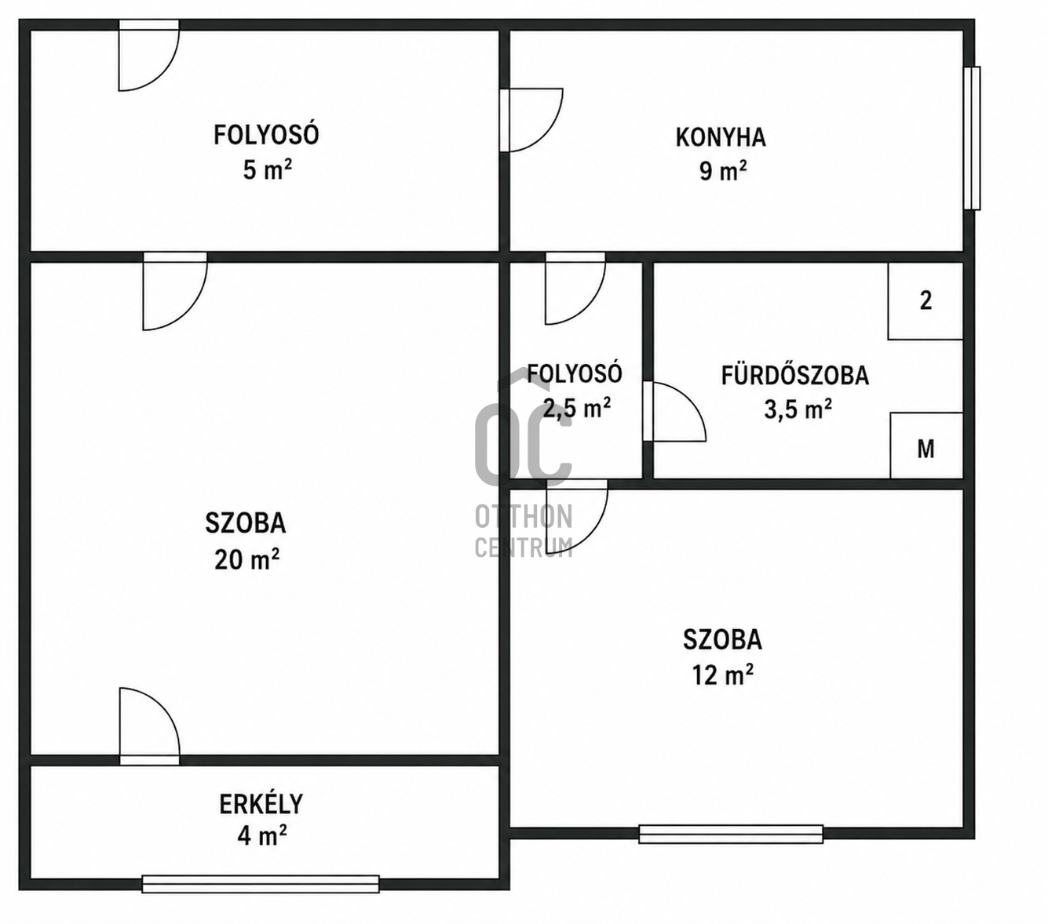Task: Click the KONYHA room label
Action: click(x=720, y=137)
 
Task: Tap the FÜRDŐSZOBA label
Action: click(x=795, y=376)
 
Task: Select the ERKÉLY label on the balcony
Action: click(x=261, y=804)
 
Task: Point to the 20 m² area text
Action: click(x=246, y=558)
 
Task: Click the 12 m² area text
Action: click(x=723, y=675)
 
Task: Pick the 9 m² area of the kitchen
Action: click(x=723, y=170)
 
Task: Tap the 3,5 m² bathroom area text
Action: click(x=798, y=409)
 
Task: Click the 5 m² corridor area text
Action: click(x=268, y=169)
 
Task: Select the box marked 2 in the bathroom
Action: click(x=926, y=300)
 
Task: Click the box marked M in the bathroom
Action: click(x=926, y=446)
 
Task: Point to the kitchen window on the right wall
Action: click(x=972, y=138)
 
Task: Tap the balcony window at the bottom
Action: click(x=261, y=884)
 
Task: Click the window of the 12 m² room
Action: click(x=731, y=834)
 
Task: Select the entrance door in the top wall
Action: click(x=149, y=56)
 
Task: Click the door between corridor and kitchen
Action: click(x=531, y=120)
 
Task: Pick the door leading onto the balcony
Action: click(x=149, y=726)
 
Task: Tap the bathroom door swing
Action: click(x=674, y=412)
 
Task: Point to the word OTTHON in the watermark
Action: click(x=524, y=517)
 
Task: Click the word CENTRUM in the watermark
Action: click(x=524, y=547)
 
